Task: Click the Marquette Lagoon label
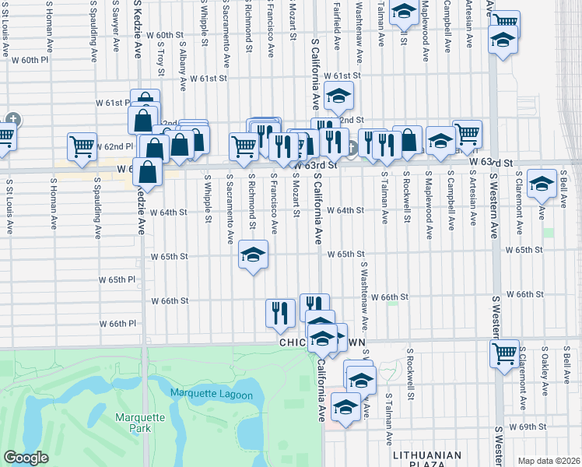click(212, 395)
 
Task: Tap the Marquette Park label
click(140, 423)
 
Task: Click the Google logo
click(26, 458)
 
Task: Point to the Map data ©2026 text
click(548, 461)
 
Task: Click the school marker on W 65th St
click(252, 255)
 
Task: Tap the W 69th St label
click(525, 427)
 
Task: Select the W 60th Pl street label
click(30, 60)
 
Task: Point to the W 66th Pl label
click(117, 323)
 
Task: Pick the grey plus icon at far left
click(13, 120)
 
